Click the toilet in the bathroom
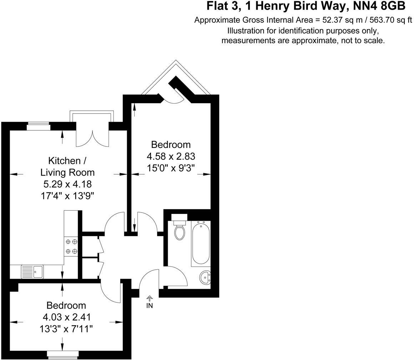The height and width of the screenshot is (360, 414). [x=180, y=230]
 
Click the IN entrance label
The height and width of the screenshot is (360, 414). [x=150, y=306]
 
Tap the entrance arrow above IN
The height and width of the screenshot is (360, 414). [x=150, y=298]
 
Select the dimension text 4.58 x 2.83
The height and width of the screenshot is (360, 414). [x=171, y=156]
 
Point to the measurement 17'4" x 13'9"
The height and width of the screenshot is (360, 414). [x=67, y=196]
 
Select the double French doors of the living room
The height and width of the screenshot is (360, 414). [x=92, y=137]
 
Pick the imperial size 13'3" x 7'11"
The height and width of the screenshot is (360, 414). [x=66, y=329]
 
